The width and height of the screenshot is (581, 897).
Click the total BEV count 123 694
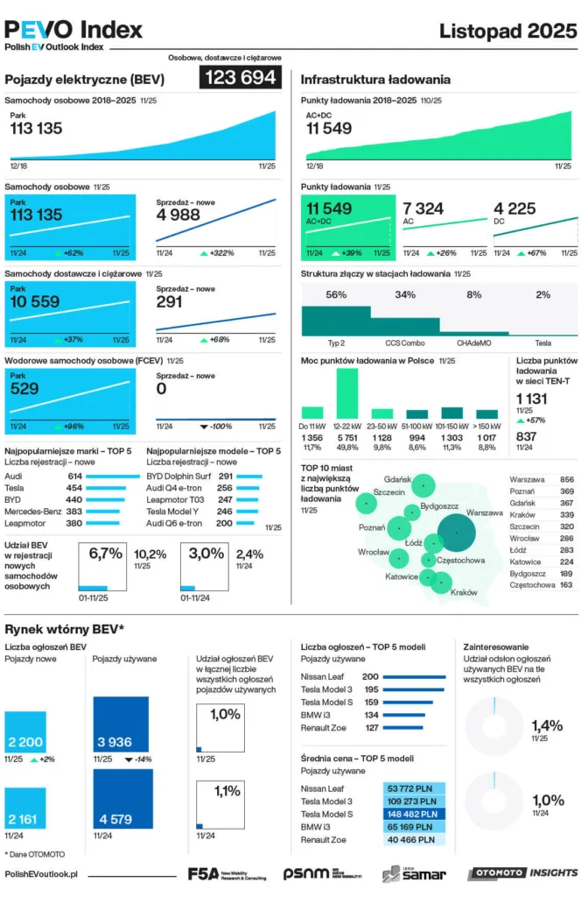tap(241, 78)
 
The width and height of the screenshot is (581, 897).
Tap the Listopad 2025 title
tap(507, 31)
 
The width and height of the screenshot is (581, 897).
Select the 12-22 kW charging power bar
tap(347, 392)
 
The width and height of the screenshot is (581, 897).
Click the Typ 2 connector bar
tap(336, 321)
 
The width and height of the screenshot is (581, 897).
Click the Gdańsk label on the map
tap(397, 478)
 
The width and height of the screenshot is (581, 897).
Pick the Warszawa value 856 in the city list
tap(566, 480)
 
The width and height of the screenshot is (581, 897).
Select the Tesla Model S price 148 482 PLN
tap(414, 814)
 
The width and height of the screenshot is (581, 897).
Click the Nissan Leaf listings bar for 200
tap(415, 677)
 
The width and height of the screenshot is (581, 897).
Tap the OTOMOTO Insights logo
tap(522, 873)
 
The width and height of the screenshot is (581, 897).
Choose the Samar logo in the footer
tap(414, 873)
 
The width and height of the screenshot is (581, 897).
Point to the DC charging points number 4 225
tap(515, 208)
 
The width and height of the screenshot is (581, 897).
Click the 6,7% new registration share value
tap(105, 554)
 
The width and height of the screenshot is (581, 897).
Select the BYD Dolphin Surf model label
tap(178, 476)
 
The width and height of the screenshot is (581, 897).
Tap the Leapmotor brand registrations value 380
tap(74, 523)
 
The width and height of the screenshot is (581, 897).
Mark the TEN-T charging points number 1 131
tap(532, 398)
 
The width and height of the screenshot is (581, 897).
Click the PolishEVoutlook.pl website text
tap(41, 873)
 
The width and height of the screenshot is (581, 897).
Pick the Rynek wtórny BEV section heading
tap(65, 629)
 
